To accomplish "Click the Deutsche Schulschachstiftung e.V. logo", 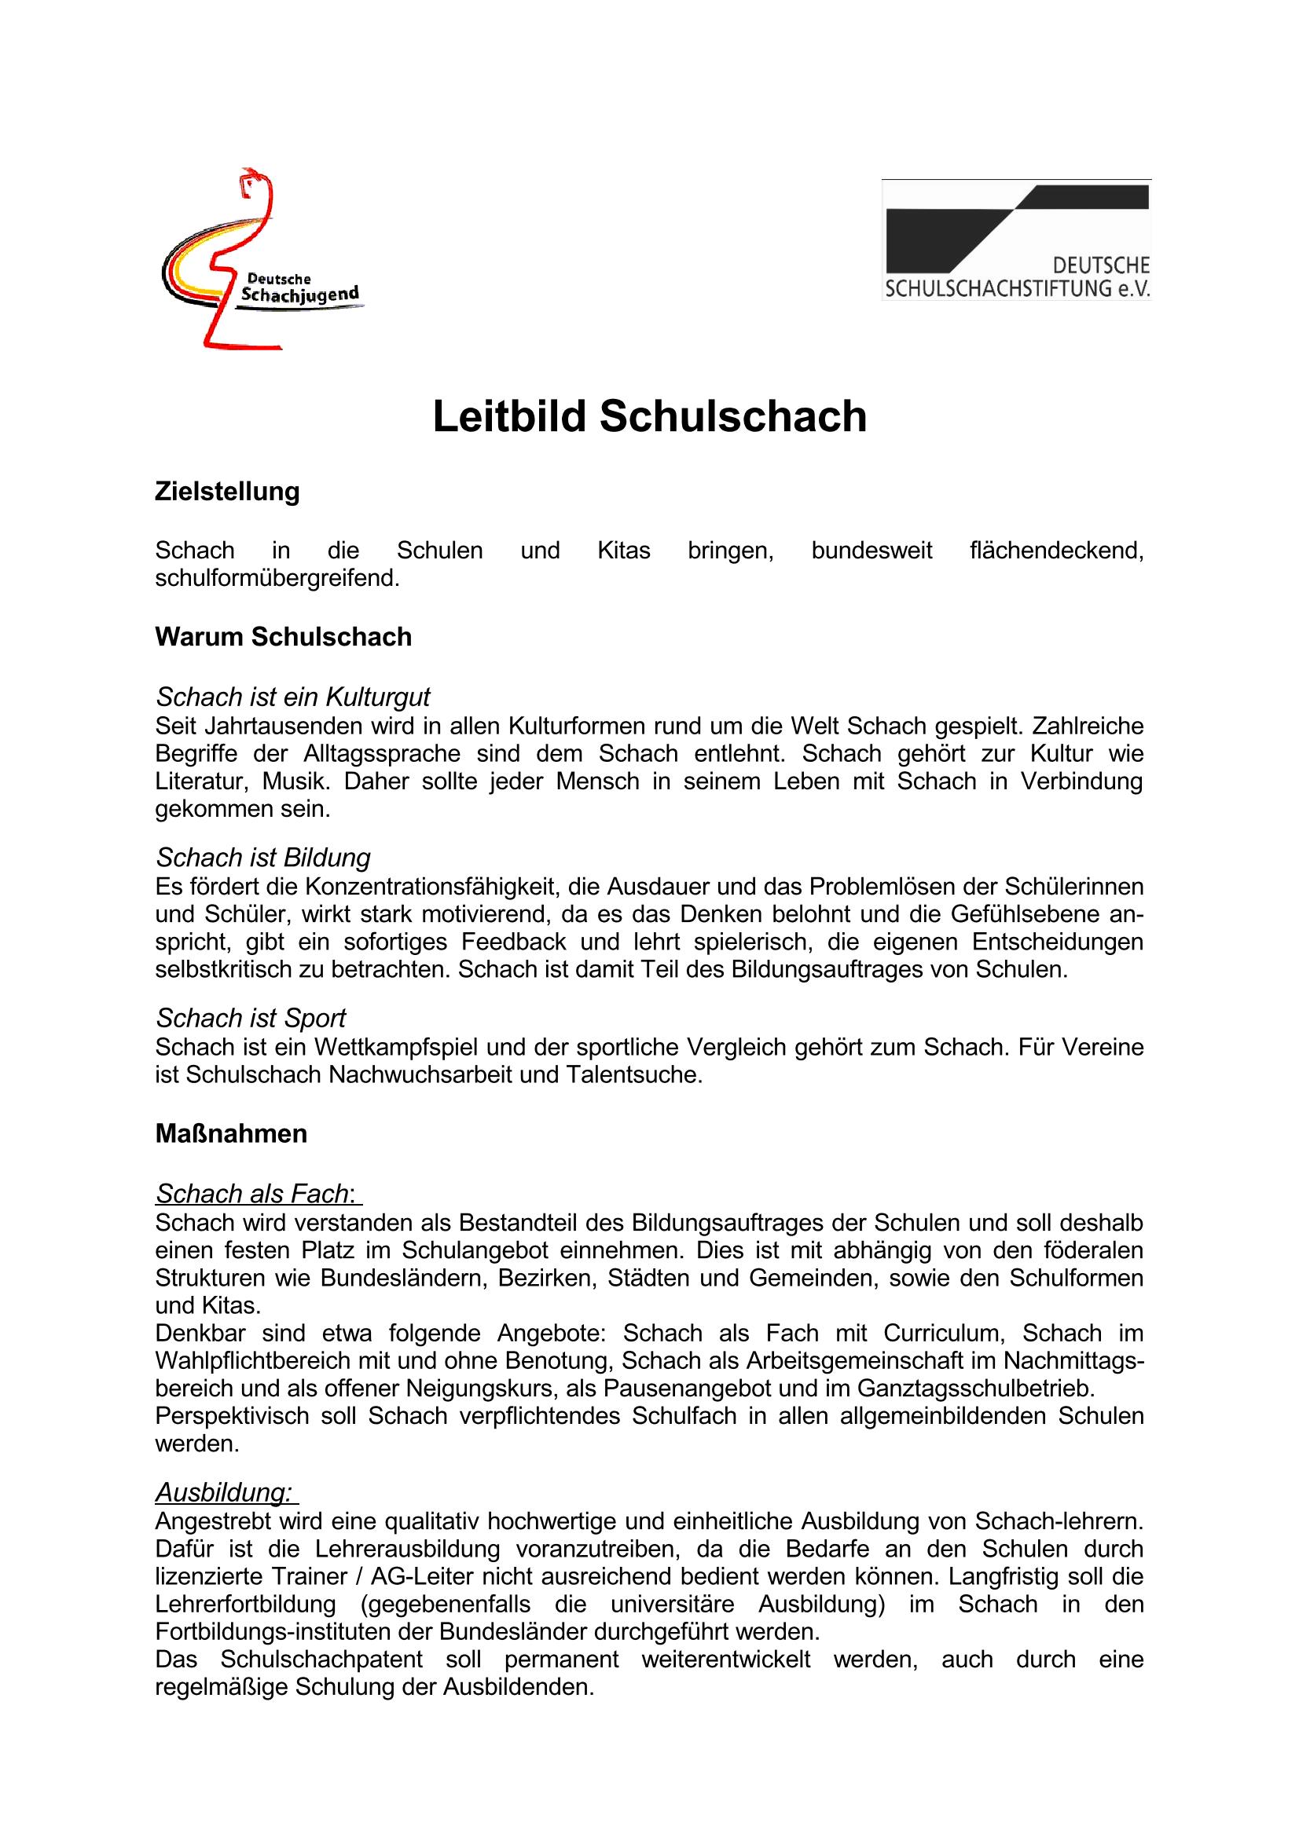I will (1015, 240).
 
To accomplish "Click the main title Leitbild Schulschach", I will (649, 418).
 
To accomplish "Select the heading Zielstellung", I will (227, 491).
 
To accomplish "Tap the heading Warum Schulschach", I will (284, 637).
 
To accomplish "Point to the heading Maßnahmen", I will (231, 1134).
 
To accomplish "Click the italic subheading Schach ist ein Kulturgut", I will (293, 697).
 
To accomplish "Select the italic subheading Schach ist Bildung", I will (263, 858).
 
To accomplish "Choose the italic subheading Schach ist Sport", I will (251, 1018).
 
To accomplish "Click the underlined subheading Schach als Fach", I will (252, 1194).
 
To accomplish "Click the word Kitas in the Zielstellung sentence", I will (623, 551).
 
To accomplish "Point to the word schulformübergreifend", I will (276, 578).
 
